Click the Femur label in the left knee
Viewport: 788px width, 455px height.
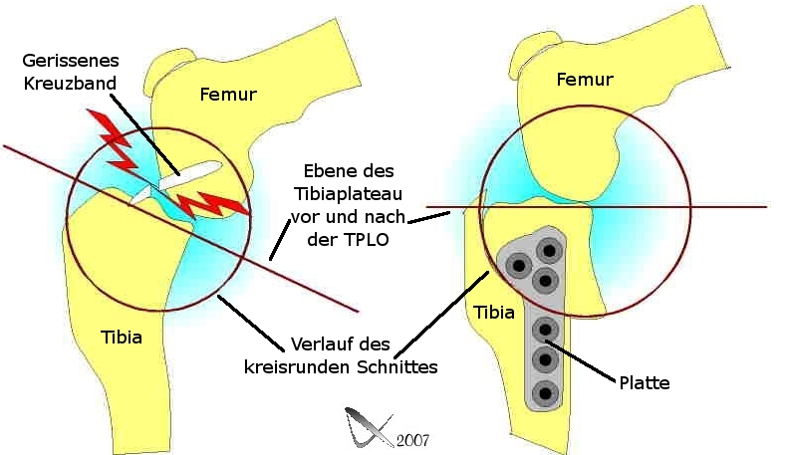tap(228, 96)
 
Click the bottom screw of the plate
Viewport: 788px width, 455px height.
tap(544, 390)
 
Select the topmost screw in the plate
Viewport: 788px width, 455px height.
tap(547, 248)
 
